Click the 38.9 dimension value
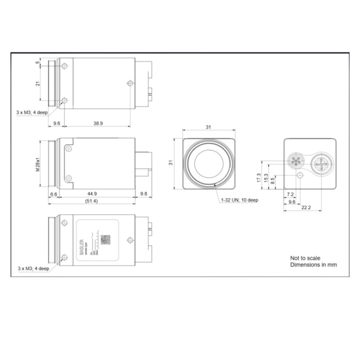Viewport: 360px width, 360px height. click(97, 123)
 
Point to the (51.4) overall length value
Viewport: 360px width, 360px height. click(91, 201)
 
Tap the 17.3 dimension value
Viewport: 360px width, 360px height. click(259, 178)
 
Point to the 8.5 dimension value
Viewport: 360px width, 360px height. click(273, 181)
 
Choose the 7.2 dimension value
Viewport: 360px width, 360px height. click(289, 194)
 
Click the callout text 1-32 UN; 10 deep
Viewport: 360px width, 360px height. click(239, 200)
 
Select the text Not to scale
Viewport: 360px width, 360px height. click(305, 258)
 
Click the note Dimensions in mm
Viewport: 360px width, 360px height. click(313, 264)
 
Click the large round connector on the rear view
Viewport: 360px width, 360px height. click(320, 165)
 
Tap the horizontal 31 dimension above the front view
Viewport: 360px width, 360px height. click(208, 127)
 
